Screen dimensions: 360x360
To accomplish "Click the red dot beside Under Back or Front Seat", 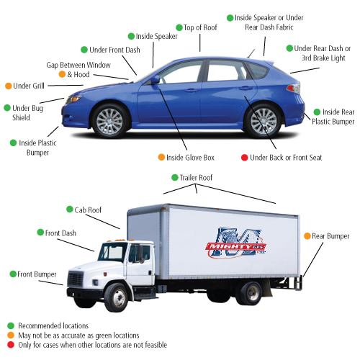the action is click(x=244, y=158).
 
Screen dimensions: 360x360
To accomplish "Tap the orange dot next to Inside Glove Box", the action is click(x=161, y=157).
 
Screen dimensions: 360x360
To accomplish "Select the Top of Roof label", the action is click(x=200, y=27).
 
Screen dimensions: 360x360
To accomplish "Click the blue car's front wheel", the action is click(x=109, y=122).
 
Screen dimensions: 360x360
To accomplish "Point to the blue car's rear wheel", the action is click(x=264, y=121).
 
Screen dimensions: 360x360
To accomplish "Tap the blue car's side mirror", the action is click(x=155, y=79).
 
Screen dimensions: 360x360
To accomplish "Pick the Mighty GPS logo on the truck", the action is click(x=236, y=243).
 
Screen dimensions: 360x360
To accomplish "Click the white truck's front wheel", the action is click(x=117, y=297).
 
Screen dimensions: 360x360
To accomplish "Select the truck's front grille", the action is click(x=76, y=279).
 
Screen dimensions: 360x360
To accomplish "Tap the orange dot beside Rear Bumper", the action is click(x=307, y=236).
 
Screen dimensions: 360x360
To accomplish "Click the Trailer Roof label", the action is click(x=196, y=178).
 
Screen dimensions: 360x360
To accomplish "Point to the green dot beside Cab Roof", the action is click(x=70, y=209).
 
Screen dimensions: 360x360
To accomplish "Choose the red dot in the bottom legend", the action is click(x=11, y=345).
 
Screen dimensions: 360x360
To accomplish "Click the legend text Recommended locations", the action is click(x=53, y=325).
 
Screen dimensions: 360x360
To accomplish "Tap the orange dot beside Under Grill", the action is click(x=9, y=86).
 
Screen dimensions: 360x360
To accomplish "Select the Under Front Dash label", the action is click(x=114, y=50).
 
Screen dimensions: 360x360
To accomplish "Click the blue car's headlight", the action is click(x=73, y=99).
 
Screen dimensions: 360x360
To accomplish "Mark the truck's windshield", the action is click(x=113, y=252).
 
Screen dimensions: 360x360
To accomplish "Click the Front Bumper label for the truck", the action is click(x=37, y=274).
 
